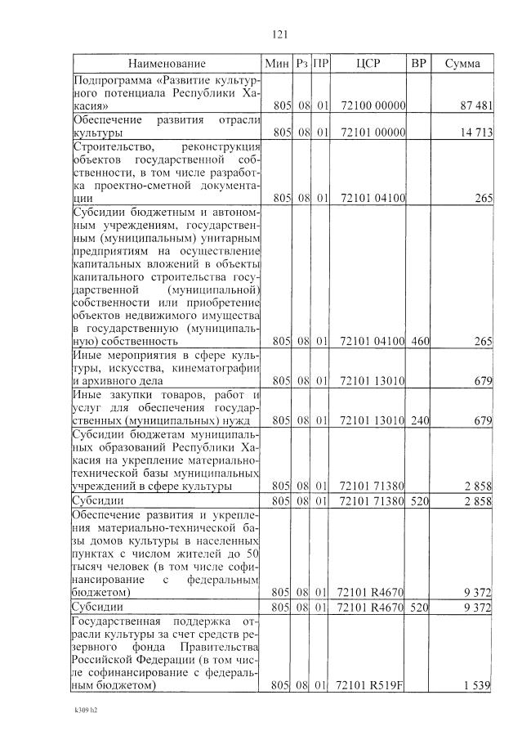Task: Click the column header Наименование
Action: (167, 63)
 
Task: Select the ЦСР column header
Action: (368, 63)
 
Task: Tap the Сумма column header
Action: (462, 63)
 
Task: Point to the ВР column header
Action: (418, 63)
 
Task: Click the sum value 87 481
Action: (475, 106)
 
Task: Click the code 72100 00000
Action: (368, 106)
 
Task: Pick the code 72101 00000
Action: (368, 132)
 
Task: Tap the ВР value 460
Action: (418, 341)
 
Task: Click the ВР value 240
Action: (418, 421)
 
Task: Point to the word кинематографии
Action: (213, 368)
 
